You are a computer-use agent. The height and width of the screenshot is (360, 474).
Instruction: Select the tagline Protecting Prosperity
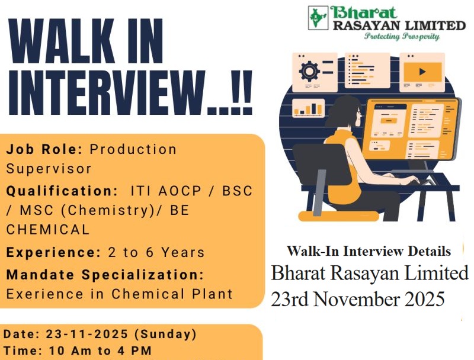[x=402, y=37]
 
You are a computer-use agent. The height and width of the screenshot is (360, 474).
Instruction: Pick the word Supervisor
[x=49, y=168]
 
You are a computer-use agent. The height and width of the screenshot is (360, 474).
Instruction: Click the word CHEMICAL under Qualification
[x=48, y=229]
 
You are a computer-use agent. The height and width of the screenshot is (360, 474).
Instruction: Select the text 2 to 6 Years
[x=156, y=252]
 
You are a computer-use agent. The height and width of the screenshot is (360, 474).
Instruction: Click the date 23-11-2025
[x=88, y=334]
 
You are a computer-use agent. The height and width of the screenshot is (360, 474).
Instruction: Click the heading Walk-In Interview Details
[x=369, y=251]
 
